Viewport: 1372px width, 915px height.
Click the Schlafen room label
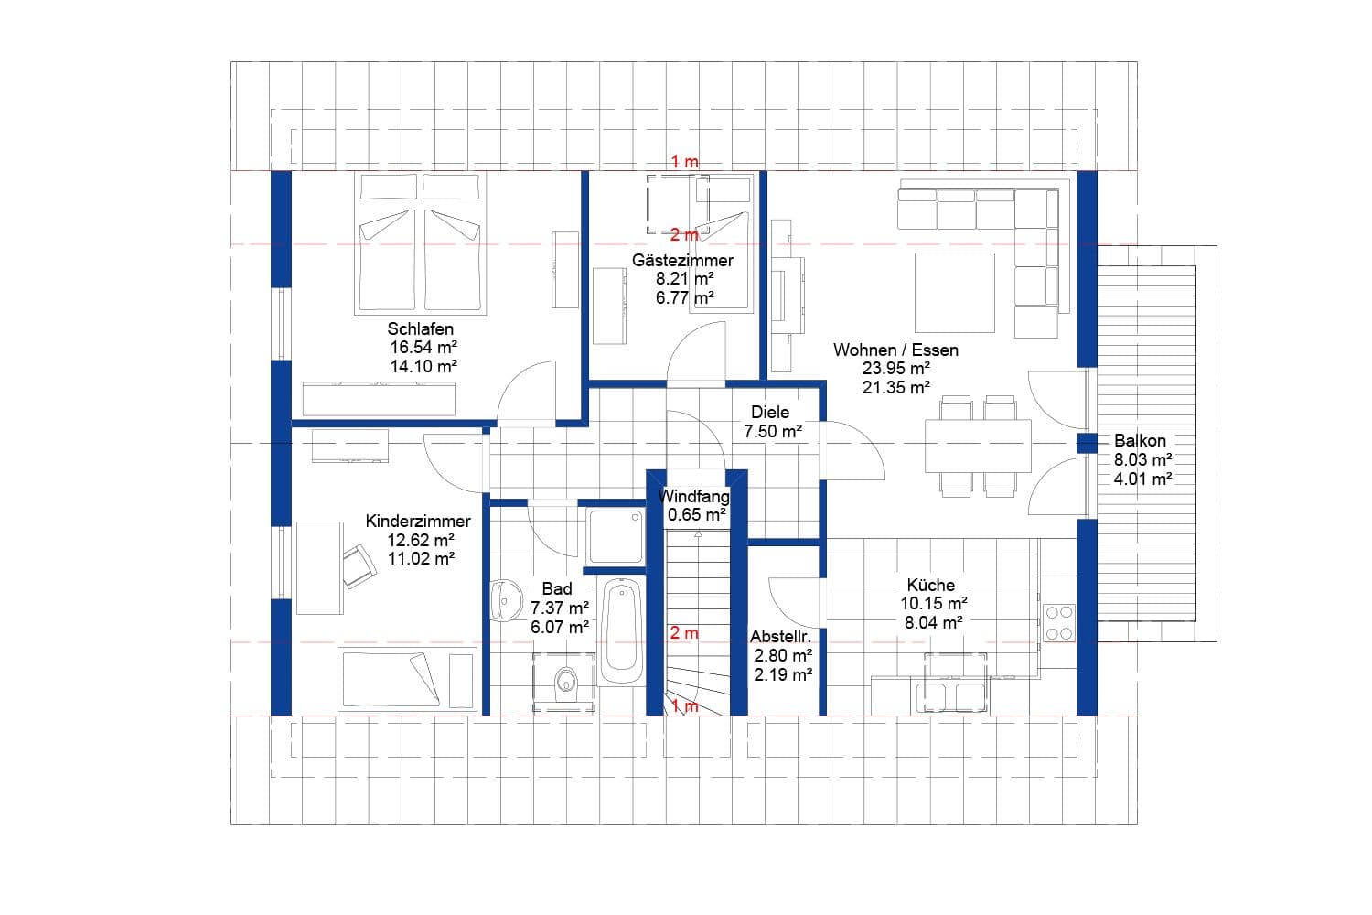tap(420, 329)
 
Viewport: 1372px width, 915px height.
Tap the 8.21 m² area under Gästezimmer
tap(684, 279)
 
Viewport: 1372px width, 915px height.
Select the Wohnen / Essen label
tap(895, 350)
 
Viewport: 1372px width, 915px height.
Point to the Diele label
tap(769, 413)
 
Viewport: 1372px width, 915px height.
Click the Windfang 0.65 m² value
tap(696, 515)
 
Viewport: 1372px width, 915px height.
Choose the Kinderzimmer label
tap(418, 522)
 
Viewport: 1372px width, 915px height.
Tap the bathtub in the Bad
tap(622, 630)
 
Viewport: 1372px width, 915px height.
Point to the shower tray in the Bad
tap(616, 536)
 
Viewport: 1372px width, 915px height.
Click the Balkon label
tap(1140, 441)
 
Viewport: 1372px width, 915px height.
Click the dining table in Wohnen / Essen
tap(978, 446)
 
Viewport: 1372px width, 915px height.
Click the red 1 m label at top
tap(684, 162)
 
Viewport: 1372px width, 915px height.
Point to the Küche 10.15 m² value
tap(933, 604)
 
